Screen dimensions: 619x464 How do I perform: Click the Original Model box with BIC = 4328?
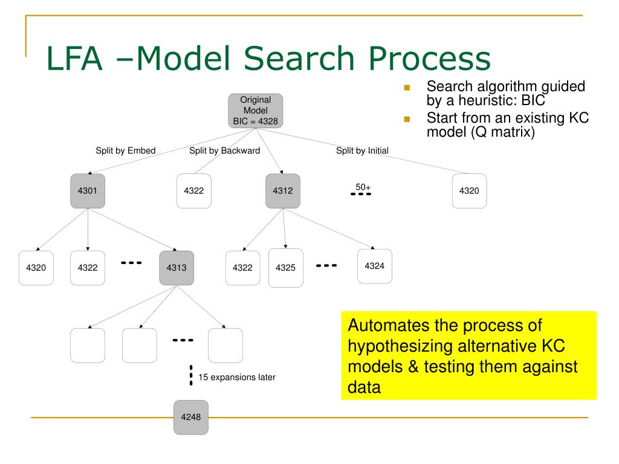coord(256,111)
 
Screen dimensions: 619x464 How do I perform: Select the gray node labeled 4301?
coord(88,191)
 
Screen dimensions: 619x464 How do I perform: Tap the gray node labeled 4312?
coord(283,191)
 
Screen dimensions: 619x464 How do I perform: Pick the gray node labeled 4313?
coord(177,268)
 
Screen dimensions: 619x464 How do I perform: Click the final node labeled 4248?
coord(191,417)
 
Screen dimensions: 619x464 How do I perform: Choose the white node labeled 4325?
coord(286,268)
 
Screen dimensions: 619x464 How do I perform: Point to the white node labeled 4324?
coord(375,266)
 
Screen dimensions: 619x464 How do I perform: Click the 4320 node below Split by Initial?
coord(469,191)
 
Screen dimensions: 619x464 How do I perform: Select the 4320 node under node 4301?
coord(36,268)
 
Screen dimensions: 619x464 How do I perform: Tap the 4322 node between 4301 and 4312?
coord(194,191)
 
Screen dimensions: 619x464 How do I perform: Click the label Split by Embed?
coord(126,150)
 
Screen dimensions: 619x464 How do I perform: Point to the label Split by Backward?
coord(225,150)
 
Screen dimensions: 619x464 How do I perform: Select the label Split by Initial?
coord(363,150)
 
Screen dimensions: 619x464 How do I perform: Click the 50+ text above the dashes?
coord(363,187)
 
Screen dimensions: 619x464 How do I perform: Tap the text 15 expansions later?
coord(237,377)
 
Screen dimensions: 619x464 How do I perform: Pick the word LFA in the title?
coord(74,59)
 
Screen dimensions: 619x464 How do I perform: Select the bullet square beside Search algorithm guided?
coord(407,88)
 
